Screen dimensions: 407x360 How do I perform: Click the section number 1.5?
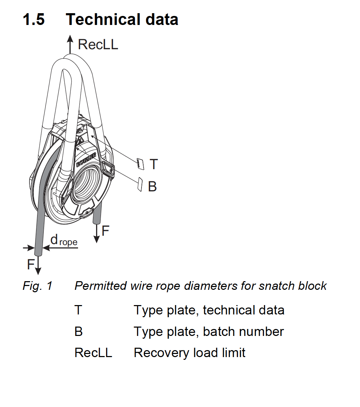tap(34, 19)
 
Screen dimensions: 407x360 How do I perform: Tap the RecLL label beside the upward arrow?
tap(98, 45)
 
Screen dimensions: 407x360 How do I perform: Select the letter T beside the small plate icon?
tap(154, 164)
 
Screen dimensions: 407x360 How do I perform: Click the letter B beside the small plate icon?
tap(152, 187)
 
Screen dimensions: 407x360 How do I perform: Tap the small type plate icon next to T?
tap(140, 164)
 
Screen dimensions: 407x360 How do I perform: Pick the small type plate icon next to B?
tap(139, 184)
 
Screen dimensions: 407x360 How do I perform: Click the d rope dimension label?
tap(64, 240)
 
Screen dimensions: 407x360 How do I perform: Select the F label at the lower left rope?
tap(31, 265)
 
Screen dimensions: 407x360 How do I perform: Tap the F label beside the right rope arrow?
tap(105, 231)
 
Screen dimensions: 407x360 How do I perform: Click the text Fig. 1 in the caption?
tap(37, 286)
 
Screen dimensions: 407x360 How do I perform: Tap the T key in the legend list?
tap(78, 310)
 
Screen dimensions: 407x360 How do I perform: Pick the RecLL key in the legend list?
tap(93, 353)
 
